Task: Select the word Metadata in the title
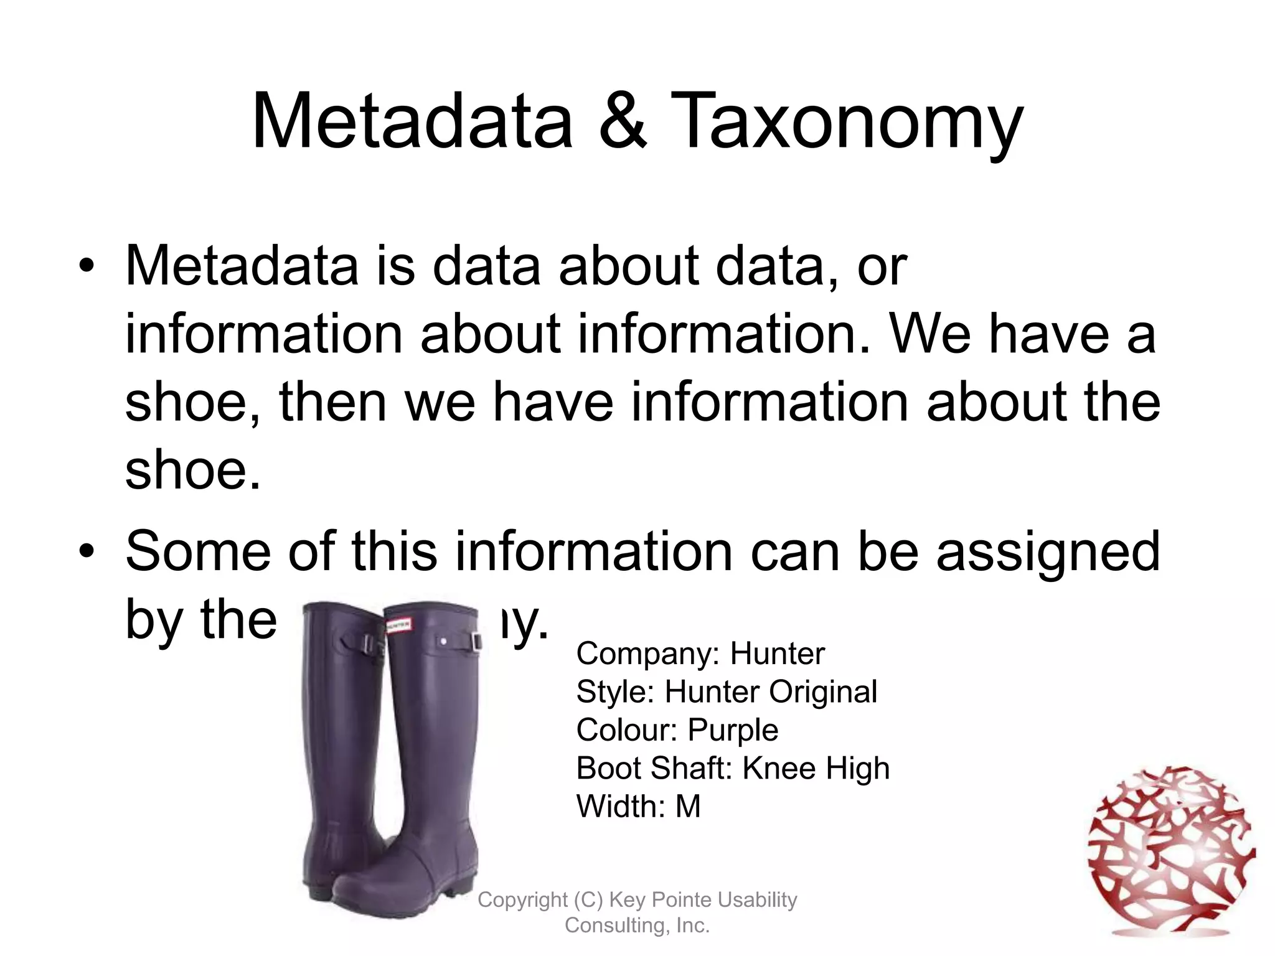[x=412, y=121]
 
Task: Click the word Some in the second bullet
[x=198, y=551]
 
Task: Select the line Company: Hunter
[x=700, y=654]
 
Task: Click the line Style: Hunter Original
[x=727, y=691]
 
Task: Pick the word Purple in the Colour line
[x=733, y=730]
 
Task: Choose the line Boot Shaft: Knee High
[x=733, y=768]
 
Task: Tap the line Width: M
[x=638, y=807]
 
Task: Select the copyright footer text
[x=637, y=912]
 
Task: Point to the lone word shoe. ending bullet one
[x=192, y=470]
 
